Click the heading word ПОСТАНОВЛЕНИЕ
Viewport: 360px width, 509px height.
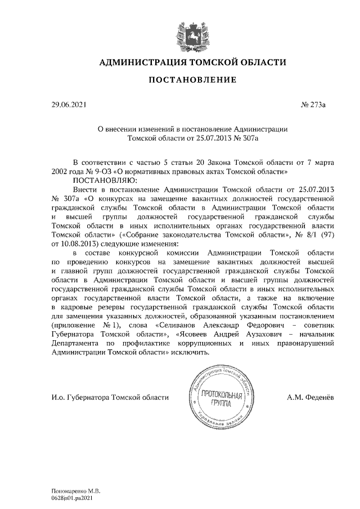[192, 80]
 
